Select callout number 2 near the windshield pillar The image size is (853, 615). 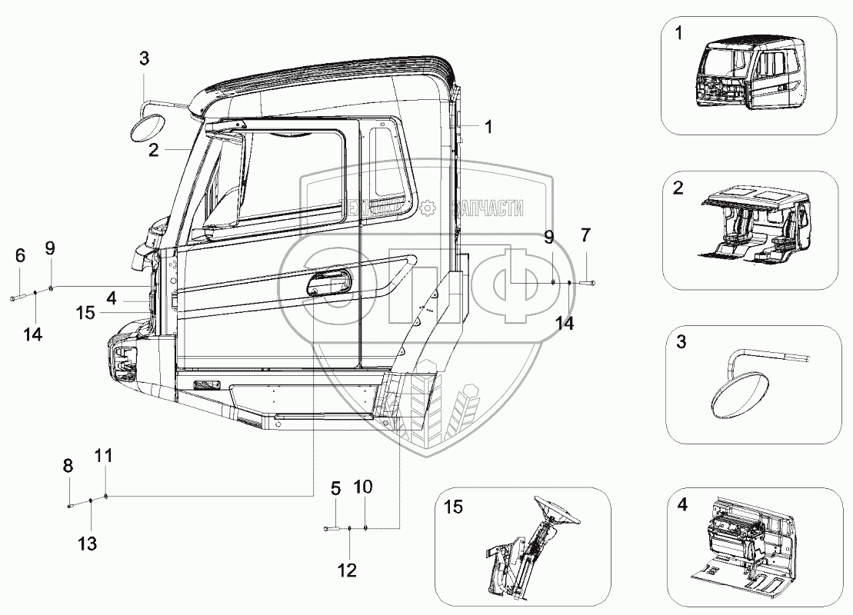[154, 150]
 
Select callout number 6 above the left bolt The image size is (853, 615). [20, 255]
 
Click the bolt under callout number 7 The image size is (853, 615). [588, 284]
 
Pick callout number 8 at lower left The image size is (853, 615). [68, 465]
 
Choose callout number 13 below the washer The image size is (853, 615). [87, 544]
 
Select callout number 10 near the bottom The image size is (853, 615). [364, 487]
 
